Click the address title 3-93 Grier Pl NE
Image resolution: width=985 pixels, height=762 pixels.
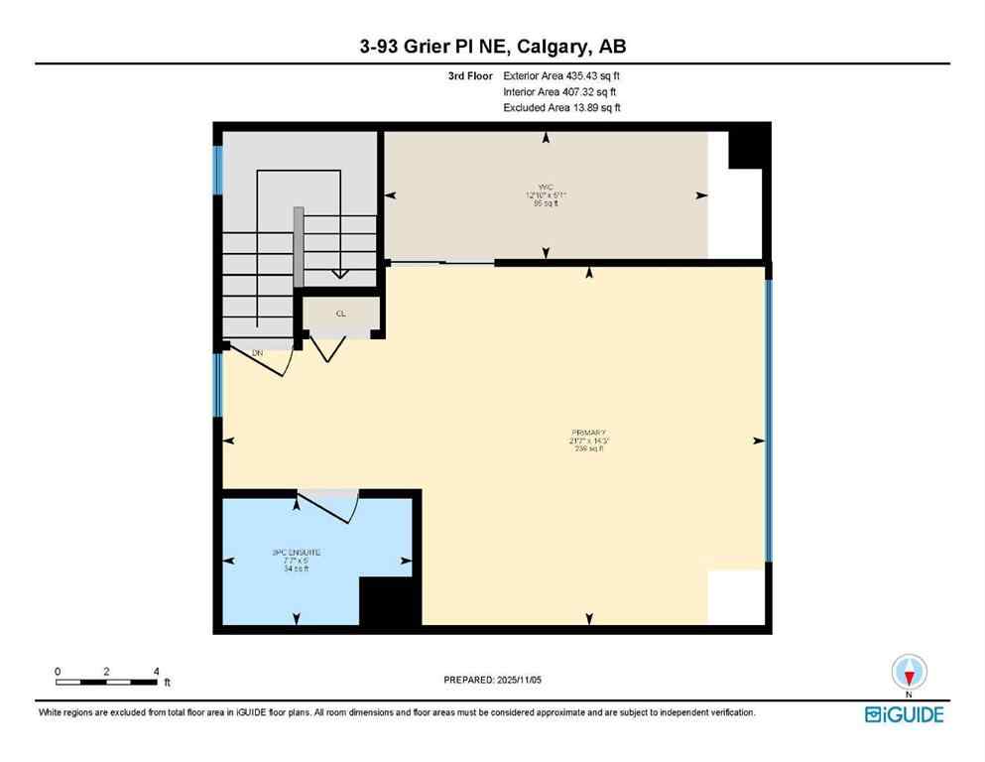tap(492, 46)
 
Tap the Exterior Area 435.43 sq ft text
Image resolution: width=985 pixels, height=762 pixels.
tap(564, 75)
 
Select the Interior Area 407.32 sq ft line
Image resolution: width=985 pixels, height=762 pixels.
tap(561, 91)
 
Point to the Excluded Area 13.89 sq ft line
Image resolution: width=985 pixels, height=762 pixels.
tap(561, 107)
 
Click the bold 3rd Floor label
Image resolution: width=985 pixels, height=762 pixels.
tap(470, 75)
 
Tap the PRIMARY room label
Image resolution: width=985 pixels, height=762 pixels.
tap(588, 433)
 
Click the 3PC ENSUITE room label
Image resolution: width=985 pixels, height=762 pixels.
tap(296, 552)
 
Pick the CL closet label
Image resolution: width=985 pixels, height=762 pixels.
tap(340, 313)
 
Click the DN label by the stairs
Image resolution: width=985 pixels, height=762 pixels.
tap(257, 352)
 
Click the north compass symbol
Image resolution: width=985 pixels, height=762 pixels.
tap(909, 673)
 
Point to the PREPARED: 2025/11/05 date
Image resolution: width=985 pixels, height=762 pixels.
tap(492, 680)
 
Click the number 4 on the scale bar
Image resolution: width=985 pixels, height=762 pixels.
tap(157, 671)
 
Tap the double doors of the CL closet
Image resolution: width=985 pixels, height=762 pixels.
tap(326, 348)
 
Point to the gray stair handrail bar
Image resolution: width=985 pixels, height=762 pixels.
tap(297, 248)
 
